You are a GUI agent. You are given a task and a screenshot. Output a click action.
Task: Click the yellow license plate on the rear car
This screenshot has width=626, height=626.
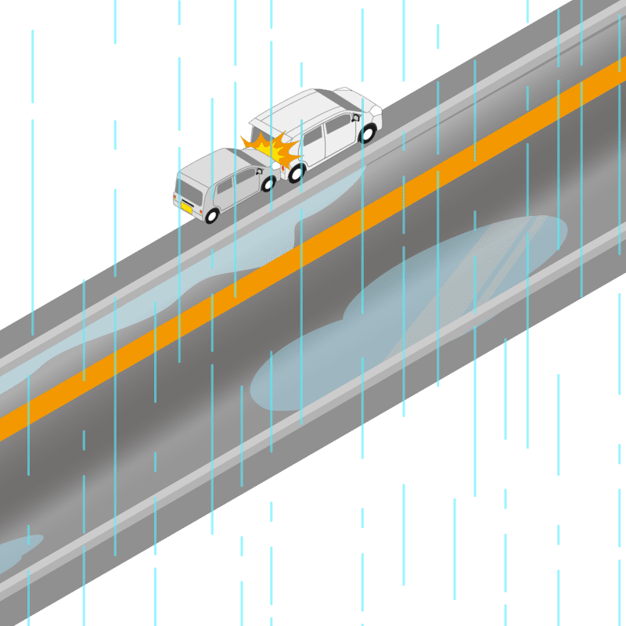(x=186, y=207)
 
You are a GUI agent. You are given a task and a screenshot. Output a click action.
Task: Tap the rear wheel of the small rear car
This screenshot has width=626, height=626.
(x=211, y=215)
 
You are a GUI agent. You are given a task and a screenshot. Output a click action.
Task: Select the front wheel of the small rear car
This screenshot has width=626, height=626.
(x=268, y=185)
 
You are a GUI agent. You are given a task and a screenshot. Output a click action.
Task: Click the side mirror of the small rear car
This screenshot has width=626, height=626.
(x=258, y=171)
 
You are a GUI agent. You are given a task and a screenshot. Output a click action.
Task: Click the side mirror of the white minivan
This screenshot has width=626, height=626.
(x=356, y=118)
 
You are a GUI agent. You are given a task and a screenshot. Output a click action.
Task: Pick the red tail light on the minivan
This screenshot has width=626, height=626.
(x=282, y=167)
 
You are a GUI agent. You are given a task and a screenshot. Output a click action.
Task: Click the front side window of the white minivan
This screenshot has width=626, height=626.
(x=339, y=124)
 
